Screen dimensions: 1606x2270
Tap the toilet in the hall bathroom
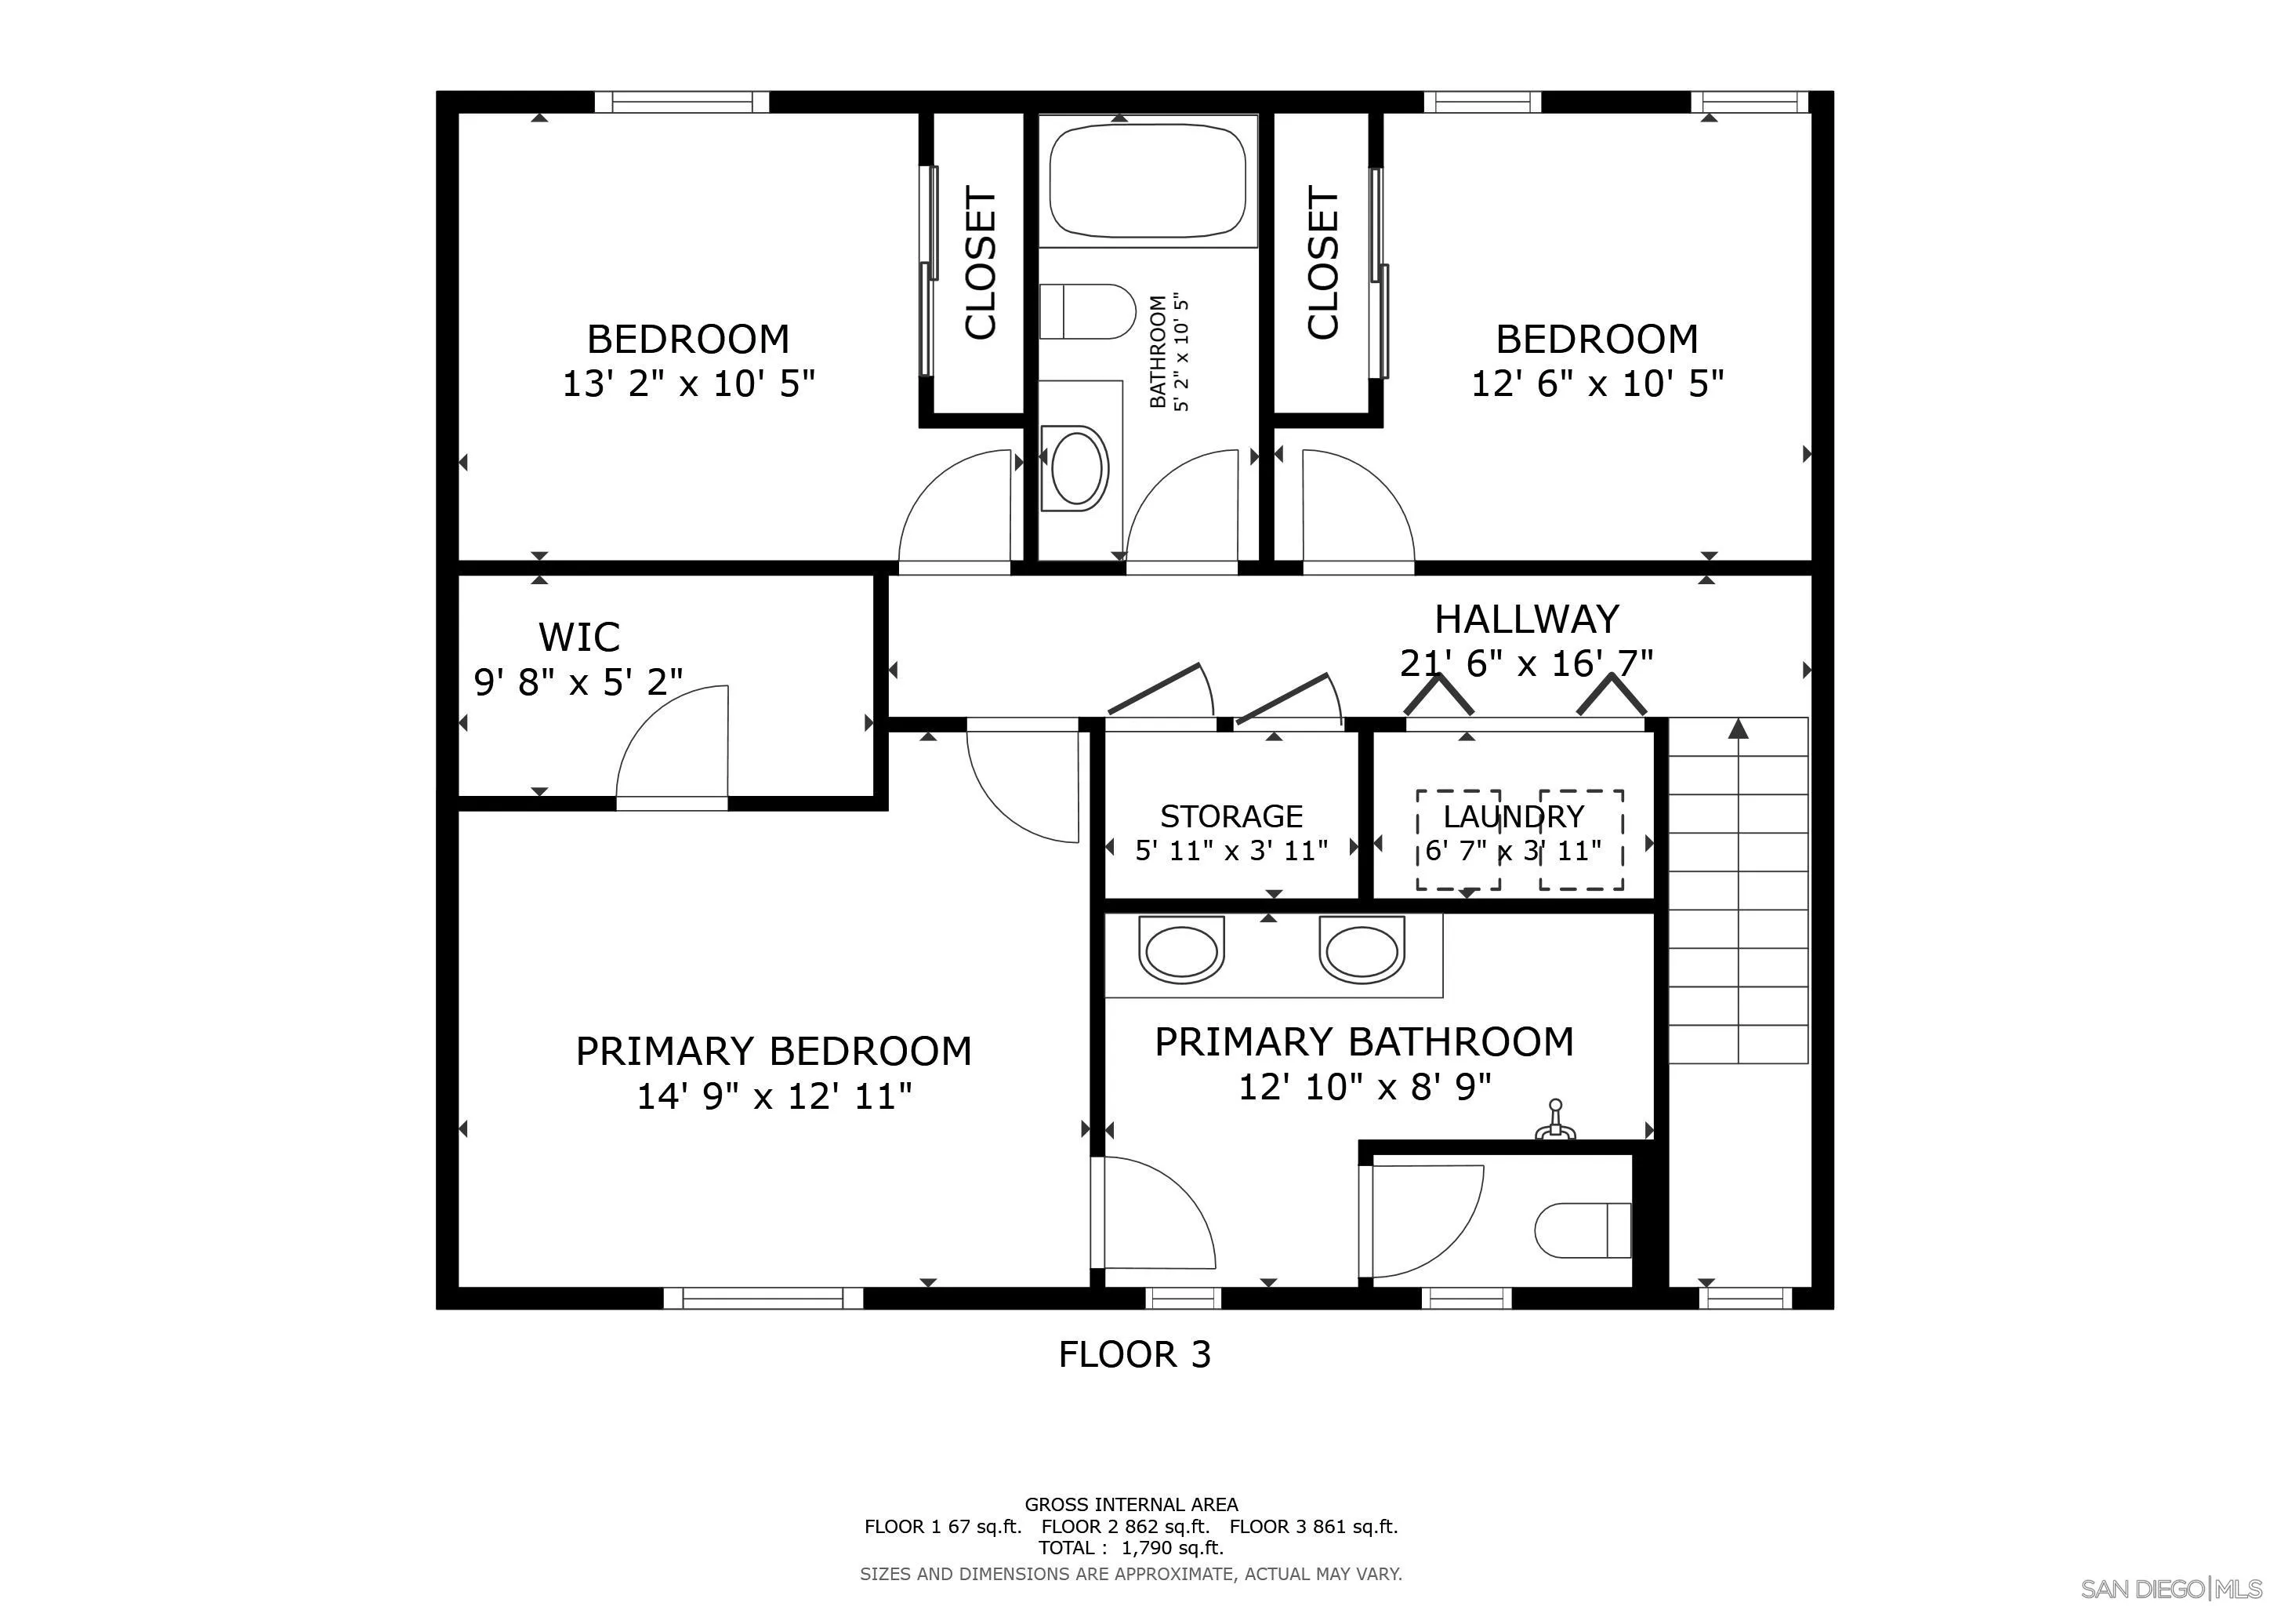(x=1086, y=311)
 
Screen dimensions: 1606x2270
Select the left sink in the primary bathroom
(x=1180, y=950)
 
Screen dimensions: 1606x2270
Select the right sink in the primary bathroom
(x=1362, y=950)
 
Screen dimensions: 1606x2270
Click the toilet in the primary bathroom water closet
(x=1582, y=1230)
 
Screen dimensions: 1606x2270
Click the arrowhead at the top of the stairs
(x=1738, y=729)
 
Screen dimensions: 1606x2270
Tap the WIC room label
(x=579, y=637)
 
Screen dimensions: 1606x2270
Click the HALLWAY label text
(x=1526, y=619)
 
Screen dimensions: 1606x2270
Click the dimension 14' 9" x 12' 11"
(x=773, y=1095)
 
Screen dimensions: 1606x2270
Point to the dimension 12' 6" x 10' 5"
(x=1597, y=383)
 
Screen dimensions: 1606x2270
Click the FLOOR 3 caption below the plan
(x=1134, y=1353)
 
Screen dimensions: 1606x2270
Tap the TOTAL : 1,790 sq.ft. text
(x=1131, y=1548)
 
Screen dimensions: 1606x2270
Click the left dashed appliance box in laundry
(x=1458, y=838)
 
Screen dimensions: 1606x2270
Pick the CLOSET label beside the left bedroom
(x=980, y=263)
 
